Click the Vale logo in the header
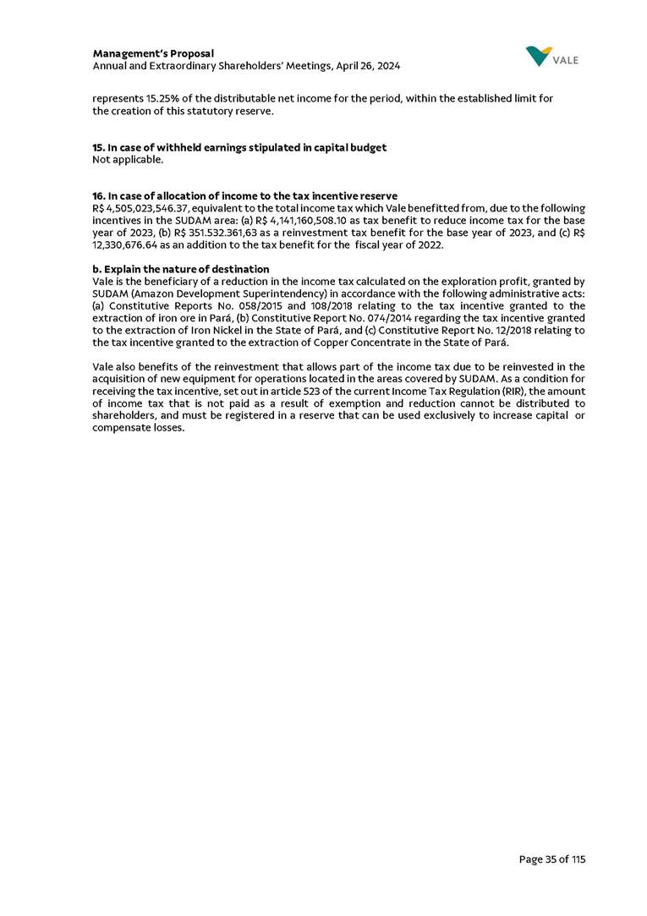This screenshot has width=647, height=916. click(x=551, y=57)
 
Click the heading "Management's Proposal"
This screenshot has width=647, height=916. click(x=153, y=54)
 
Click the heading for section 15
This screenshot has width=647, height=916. click(x=239, y=147)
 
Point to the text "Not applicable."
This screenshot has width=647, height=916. click(x=127, y=159)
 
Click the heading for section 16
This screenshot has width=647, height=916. click(x=244, y=196)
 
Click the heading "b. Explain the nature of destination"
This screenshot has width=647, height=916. click(x=180, y=269)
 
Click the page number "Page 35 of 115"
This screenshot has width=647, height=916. click(x=551, y=859)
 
